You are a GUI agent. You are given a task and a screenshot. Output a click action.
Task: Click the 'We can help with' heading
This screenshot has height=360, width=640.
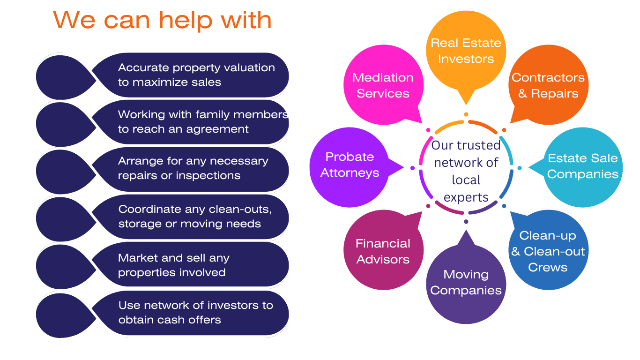[x=162, y=20]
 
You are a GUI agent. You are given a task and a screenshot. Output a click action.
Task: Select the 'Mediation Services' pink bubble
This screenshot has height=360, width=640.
[x=383, y=85]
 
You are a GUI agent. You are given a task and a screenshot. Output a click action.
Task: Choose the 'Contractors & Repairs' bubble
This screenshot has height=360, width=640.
[x=548, y=85]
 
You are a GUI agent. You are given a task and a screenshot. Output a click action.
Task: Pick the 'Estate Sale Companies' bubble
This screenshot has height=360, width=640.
[x=583, y=166]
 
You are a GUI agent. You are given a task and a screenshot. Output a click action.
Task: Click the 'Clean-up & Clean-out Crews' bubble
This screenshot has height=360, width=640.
[x=548, y=251]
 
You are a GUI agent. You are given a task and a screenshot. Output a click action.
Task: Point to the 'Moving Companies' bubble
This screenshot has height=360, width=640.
[x=466, y=282]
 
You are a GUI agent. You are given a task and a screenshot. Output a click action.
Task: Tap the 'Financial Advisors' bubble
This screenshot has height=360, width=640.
[x=383, y=251]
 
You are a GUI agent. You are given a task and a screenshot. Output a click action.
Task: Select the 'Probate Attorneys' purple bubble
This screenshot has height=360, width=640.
[x=350, y=165]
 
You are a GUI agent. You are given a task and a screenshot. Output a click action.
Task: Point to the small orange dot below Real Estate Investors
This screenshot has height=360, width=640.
[x=466, y=114]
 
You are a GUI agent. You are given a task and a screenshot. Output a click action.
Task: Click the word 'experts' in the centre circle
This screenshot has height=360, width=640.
[x=466, y=197]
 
